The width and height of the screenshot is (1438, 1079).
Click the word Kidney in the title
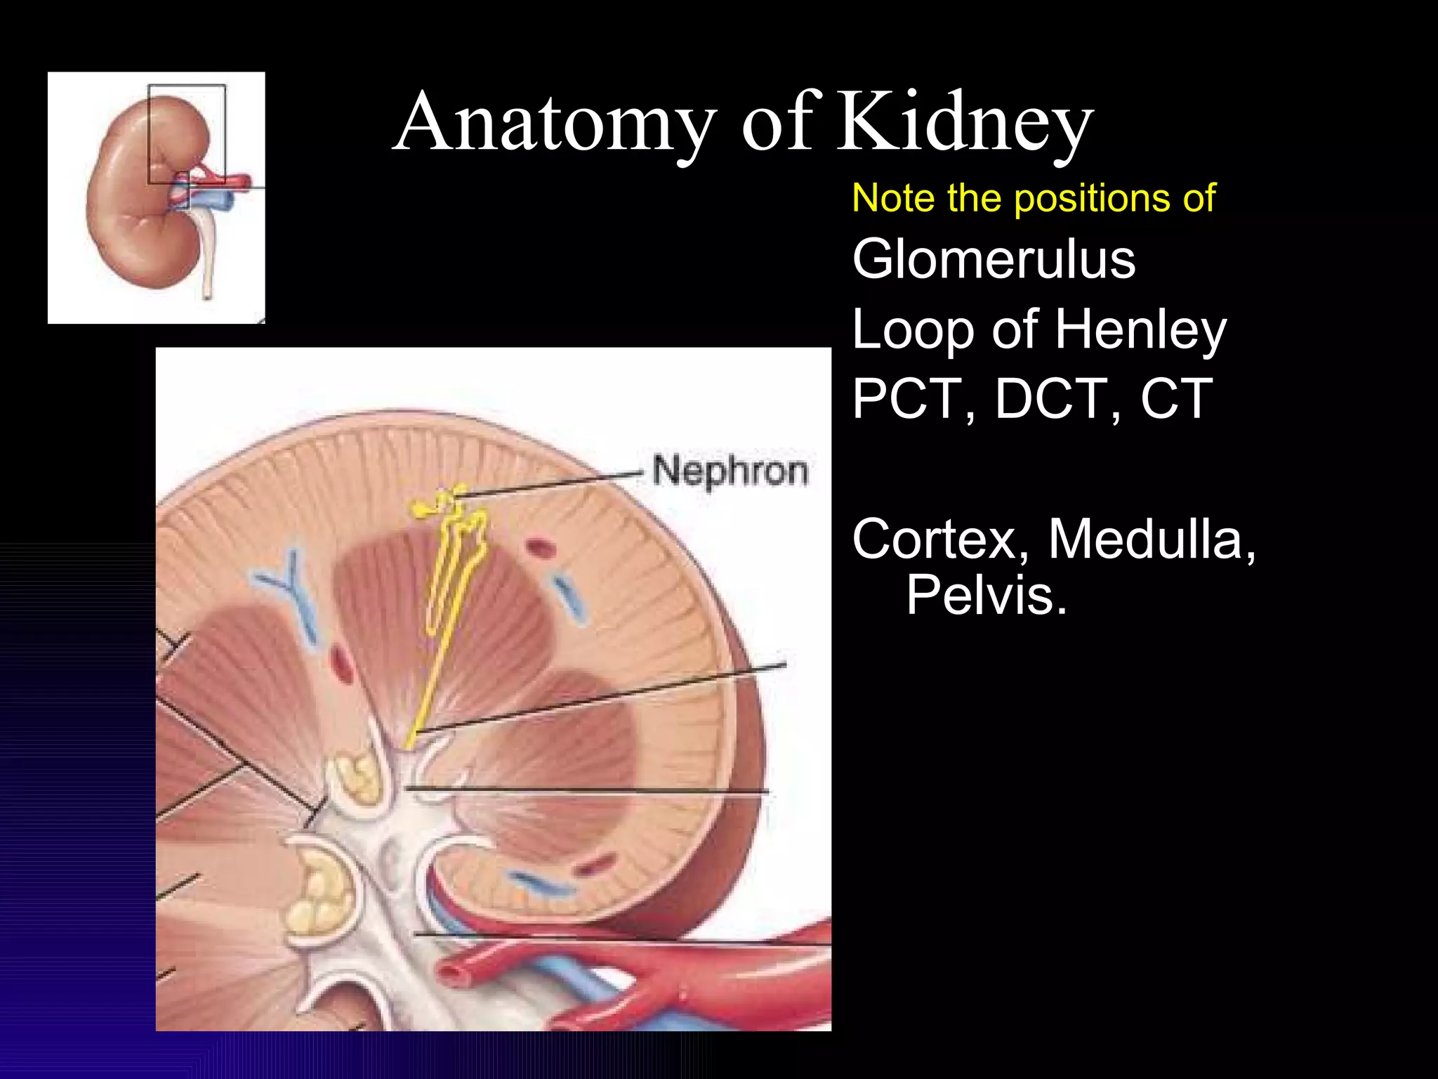click(x=965, y=123)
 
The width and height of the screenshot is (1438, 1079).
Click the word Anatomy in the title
click(x=555, y=123)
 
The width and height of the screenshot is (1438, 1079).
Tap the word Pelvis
click(x=984, y=595)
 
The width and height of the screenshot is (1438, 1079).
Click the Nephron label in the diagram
click(x=730, y=471)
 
